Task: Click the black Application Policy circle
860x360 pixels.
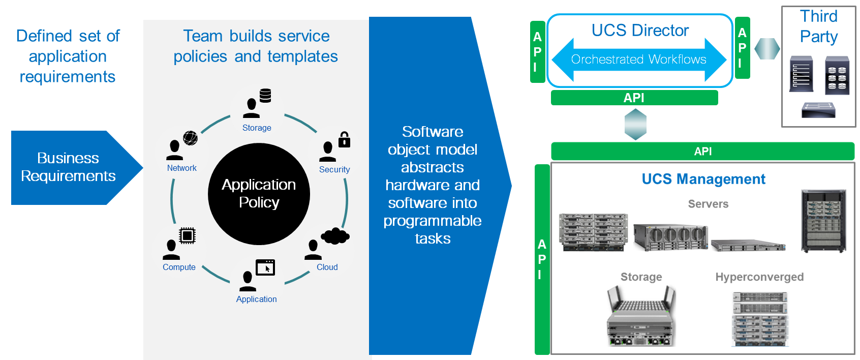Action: tap(259, 194)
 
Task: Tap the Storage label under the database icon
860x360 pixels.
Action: tap(257, 128)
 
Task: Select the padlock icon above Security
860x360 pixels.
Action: tap(344, 139)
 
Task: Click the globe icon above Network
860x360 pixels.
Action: tap(190, 138)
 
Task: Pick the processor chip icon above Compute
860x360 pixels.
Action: tap(187, 235)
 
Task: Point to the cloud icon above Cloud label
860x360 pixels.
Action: tap(335, 236)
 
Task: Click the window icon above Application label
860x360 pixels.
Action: tap(265, 267)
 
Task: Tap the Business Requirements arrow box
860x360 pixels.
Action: tap(69, 167)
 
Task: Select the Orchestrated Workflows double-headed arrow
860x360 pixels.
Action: tap(638, 59)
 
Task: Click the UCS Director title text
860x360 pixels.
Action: tap(640, 31)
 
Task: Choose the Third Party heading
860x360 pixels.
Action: tap(818, 26)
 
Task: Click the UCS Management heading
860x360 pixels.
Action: tap(703, 179)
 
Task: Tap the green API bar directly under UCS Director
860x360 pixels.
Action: tap(634, 98)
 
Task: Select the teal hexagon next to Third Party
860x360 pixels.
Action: tap(767, 49)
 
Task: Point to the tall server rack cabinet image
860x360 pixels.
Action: tap(823, 221)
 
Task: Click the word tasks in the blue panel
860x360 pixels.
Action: tap(433, 238)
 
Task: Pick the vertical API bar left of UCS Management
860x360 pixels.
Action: tap(542, 259)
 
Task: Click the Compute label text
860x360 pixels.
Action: tap(179, 267)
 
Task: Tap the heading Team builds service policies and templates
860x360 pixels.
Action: tap(256, 46)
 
